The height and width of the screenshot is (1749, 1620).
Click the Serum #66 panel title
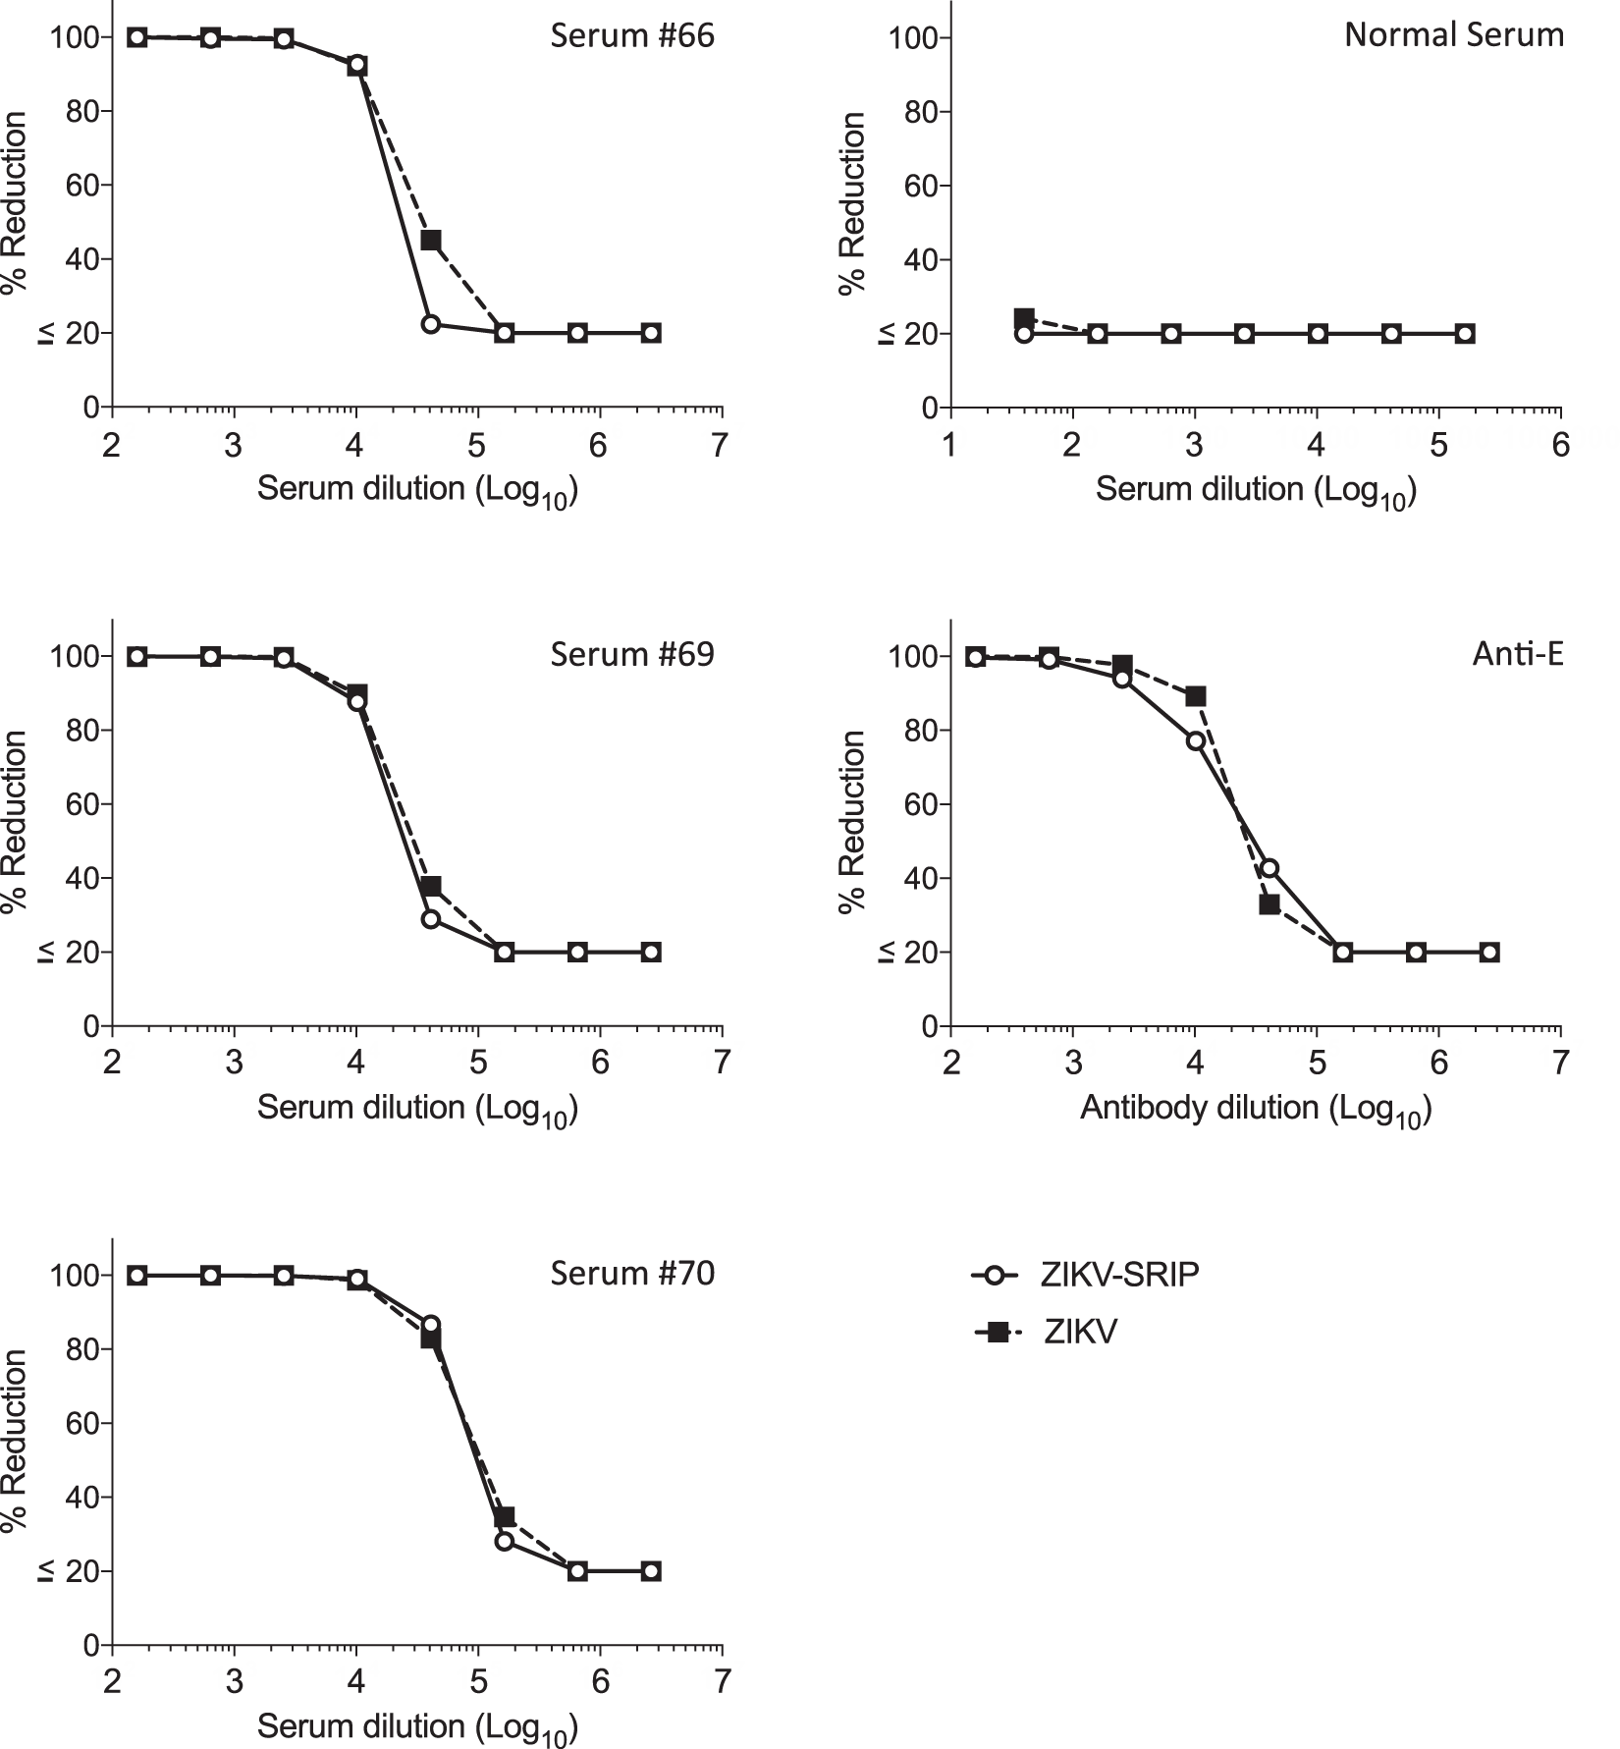(631, 36)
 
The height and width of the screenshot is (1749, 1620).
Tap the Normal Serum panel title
(1453, 36)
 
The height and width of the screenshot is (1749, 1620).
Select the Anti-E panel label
(1517, 654)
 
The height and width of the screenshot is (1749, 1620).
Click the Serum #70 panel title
(631, 1274)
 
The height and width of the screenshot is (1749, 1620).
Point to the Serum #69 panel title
(631, 654)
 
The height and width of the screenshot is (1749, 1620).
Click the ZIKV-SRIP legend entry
(1118, 1276)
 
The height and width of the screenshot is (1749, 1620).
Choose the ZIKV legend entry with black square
(1079, 1333)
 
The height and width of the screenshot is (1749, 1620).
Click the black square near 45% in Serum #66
(431, 241)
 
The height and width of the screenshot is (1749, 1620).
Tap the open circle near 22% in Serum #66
(431, 324)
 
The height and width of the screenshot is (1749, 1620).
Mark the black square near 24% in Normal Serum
(1024, 318)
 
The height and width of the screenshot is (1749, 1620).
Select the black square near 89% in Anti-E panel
(1195, 696)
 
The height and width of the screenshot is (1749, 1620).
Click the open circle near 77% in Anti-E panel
(1195, 741)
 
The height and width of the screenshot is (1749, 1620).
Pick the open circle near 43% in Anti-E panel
(1269, 867)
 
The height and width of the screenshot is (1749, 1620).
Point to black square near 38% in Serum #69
(431, 887)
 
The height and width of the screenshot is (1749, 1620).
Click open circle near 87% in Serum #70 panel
(431, 1325)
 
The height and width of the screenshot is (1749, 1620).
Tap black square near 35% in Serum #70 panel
(505, 1517)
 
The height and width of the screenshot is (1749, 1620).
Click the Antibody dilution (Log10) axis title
(1256, 1109)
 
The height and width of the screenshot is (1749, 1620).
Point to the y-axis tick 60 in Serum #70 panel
(84, 1424)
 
